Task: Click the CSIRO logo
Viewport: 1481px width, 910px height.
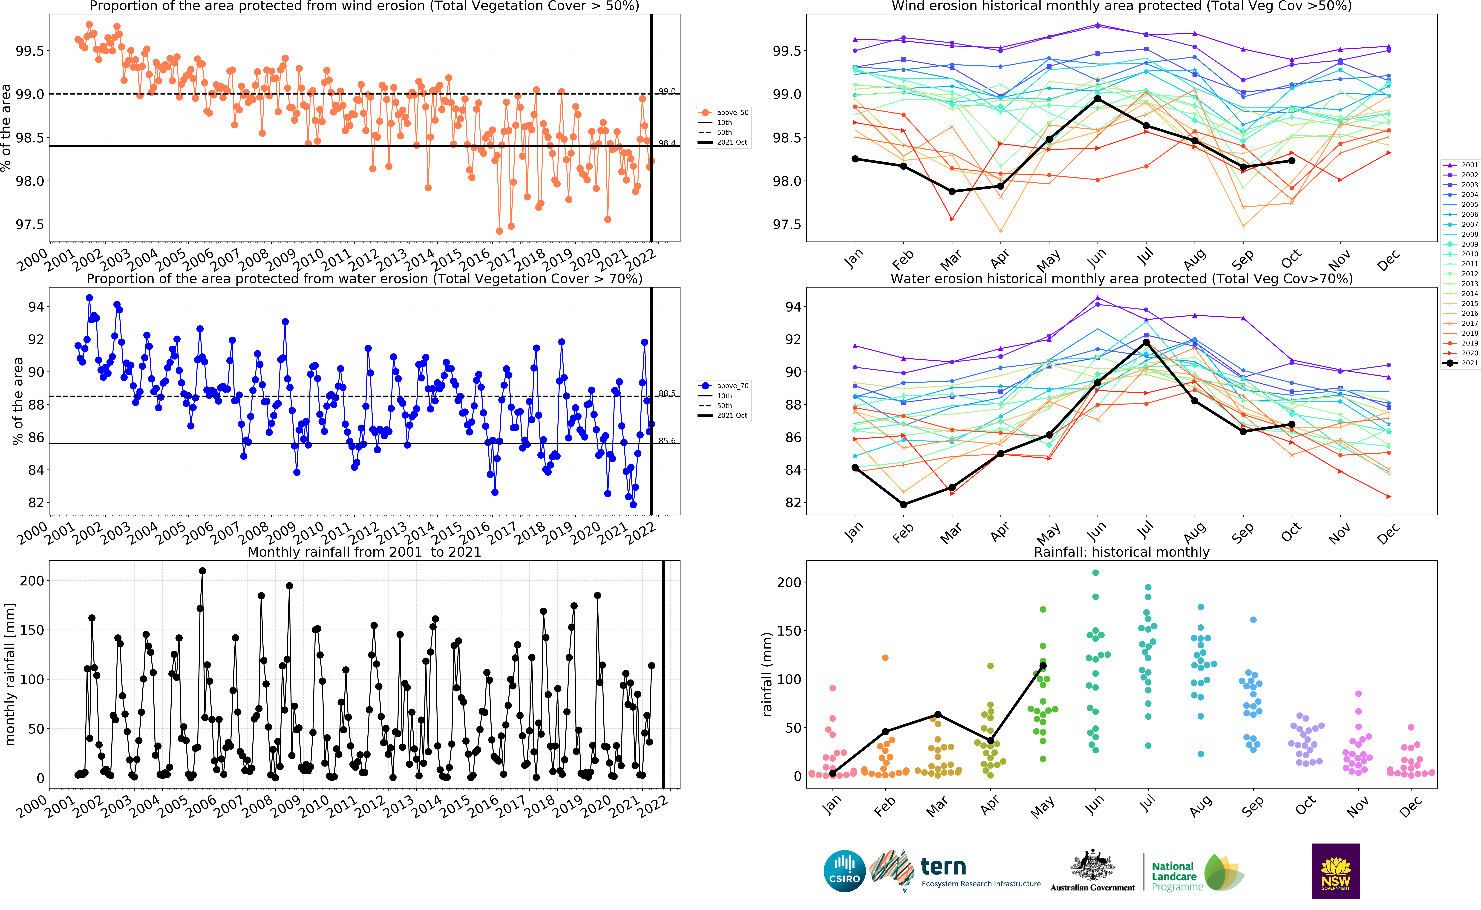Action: click(x=844, y=871)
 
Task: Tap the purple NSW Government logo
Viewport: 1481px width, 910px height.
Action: click(x=1335, y=871)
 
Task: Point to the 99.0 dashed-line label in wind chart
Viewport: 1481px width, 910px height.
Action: click(x=667, y=92)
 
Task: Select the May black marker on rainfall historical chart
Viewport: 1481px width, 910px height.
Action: click(x=1043, y=666)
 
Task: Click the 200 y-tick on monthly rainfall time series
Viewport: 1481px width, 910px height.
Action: click(x=32, y=581)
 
